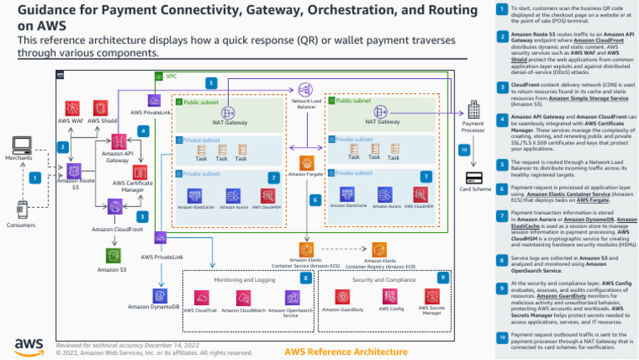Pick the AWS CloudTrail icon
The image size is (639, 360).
click(201, 298)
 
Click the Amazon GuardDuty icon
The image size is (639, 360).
click(342, 298)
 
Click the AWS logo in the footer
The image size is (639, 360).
click(27, 345)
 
